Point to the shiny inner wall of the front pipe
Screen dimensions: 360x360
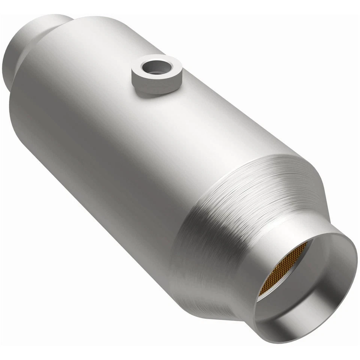click(322, 300)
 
